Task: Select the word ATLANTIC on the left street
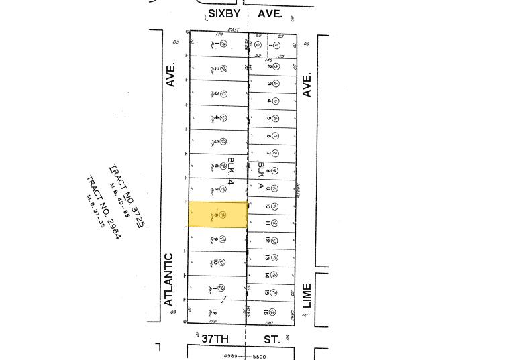point(169,279)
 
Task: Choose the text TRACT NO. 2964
point(105,207)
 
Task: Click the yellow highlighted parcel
point(218,215)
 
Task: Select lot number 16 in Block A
point(267,311)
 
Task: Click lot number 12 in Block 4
point(214,312)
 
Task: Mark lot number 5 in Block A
point(268,119)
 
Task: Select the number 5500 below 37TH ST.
point(259,356)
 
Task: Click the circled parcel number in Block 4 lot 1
point(223,44)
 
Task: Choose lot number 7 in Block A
point(268,154)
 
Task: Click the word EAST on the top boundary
point(234,29)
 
